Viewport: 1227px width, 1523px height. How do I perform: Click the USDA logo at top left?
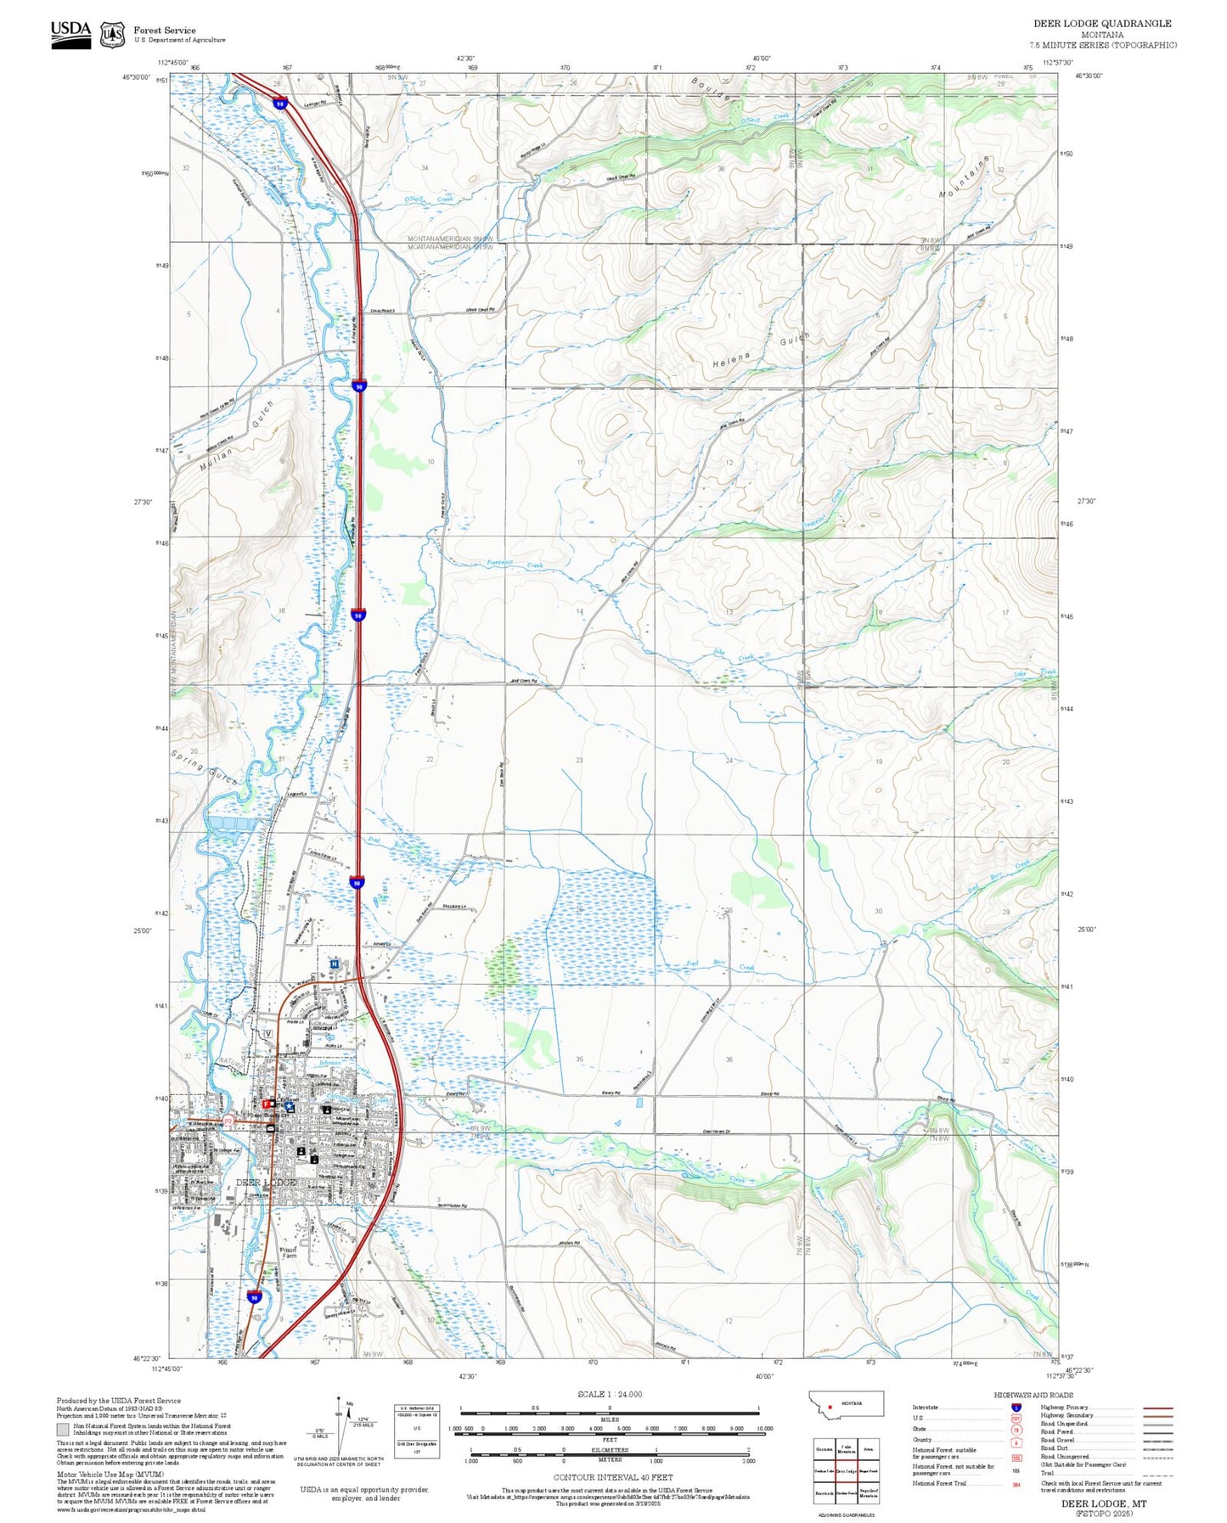[70, 34]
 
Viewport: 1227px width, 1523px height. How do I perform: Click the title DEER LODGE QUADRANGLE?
[1101, 23]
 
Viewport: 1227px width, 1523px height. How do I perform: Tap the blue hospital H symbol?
[335, 964]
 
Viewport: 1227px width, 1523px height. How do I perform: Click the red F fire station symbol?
[266, 1103]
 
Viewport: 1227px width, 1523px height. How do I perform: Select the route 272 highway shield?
[228, 1121]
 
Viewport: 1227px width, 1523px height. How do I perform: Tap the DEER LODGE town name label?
[266, 1183]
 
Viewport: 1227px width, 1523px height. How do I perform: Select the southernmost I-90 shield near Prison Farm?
[255, 1297]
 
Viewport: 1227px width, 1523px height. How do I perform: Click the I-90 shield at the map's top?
[279, 104]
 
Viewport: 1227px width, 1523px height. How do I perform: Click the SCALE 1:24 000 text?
[609, 1394]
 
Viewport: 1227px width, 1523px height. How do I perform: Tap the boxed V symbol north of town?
[267, 1033]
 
